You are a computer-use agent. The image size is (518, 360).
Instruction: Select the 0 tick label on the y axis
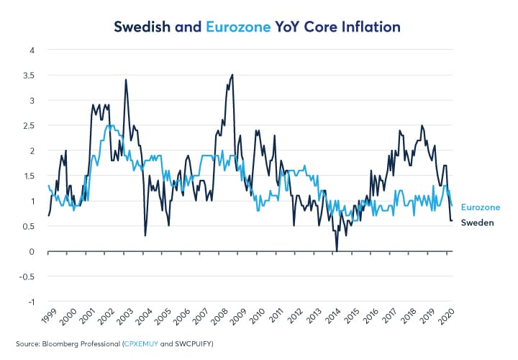(32, 251)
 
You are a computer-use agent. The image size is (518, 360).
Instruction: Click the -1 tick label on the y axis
(31, 302)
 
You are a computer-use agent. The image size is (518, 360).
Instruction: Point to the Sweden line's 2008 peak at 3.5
(232, 75)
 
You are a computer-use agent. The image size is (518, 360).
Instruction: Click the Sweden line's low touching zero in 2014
(337, 251)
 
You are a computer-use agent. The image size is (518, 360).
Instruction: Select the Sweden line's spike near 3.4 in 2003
(126, 80)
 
